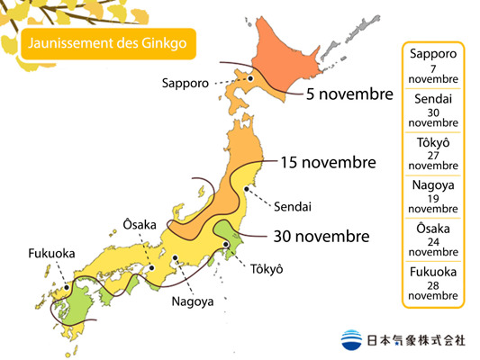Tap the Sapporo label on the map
point(186,83)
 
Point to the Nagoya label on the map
point(193,301)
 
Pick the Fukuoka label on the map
point(51,253)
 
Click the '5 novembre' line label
point(349,94)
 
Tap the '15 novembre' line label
point(328,163)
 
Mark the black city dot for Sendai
point(243,188)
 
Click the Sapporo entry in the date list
point(432,67)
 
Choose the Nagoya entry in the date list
point(432,196)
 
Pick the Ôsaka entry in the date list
point(432,239)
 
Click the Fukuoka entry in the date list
point(432,283)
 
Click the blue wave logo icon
point(352,340)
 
